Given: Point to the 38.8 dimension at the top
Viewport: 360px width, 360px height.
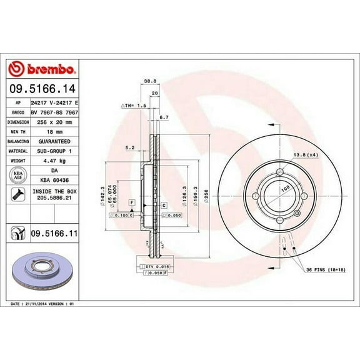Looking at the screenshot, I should [x=150, y=81].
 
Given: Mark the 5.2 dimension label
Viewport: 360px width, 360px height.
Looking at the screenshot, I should [x=130, y=147].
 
